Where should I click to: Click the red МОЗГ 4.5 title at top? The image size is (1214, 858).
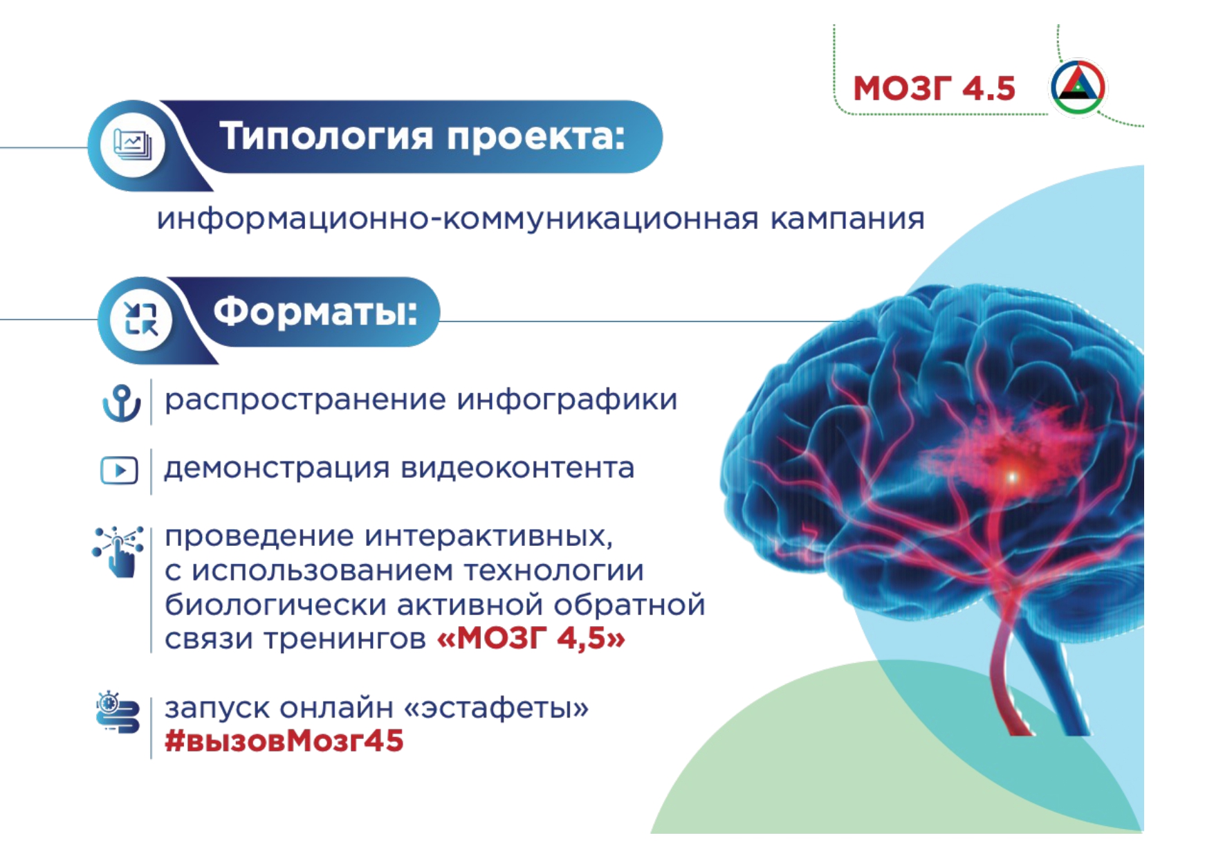point(934,89)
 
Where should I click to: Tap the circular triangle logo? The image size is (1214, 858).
point(1078,87)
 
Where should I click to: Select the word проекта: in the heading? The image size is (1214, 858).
point(535,136)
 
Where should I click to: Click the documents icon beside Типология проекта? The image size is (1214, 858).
point(133,144)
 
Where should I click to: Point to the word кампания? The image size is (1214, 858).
point(847,219)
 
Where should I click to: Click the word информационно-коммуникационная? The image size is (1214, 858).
point(457,219)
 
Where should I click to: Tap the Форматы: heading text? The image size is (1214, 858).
point(315,312)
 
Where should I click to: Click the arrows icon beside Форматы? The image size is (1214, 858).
point(141,318)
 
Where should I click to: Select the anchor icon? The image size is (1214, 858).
point(122,403)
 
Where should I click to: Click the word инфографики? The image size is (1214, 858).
point(567,400)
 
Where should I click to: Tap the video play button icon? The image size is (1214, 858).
point(119,471)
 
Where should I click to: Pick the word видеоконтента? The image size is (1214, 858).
point(517,468)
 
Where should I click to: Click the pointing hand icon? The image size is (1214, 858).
point(118,551)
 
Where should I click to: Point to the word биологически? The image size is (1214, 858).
point(275,604)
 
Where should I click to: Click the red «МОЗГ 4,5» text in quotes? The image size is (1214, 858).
point(531,637)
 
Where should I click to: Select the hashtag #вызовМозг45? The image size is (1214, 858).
point(284,741)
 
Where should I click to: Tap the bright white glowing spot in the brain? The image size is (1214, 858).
point(1011,477)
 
